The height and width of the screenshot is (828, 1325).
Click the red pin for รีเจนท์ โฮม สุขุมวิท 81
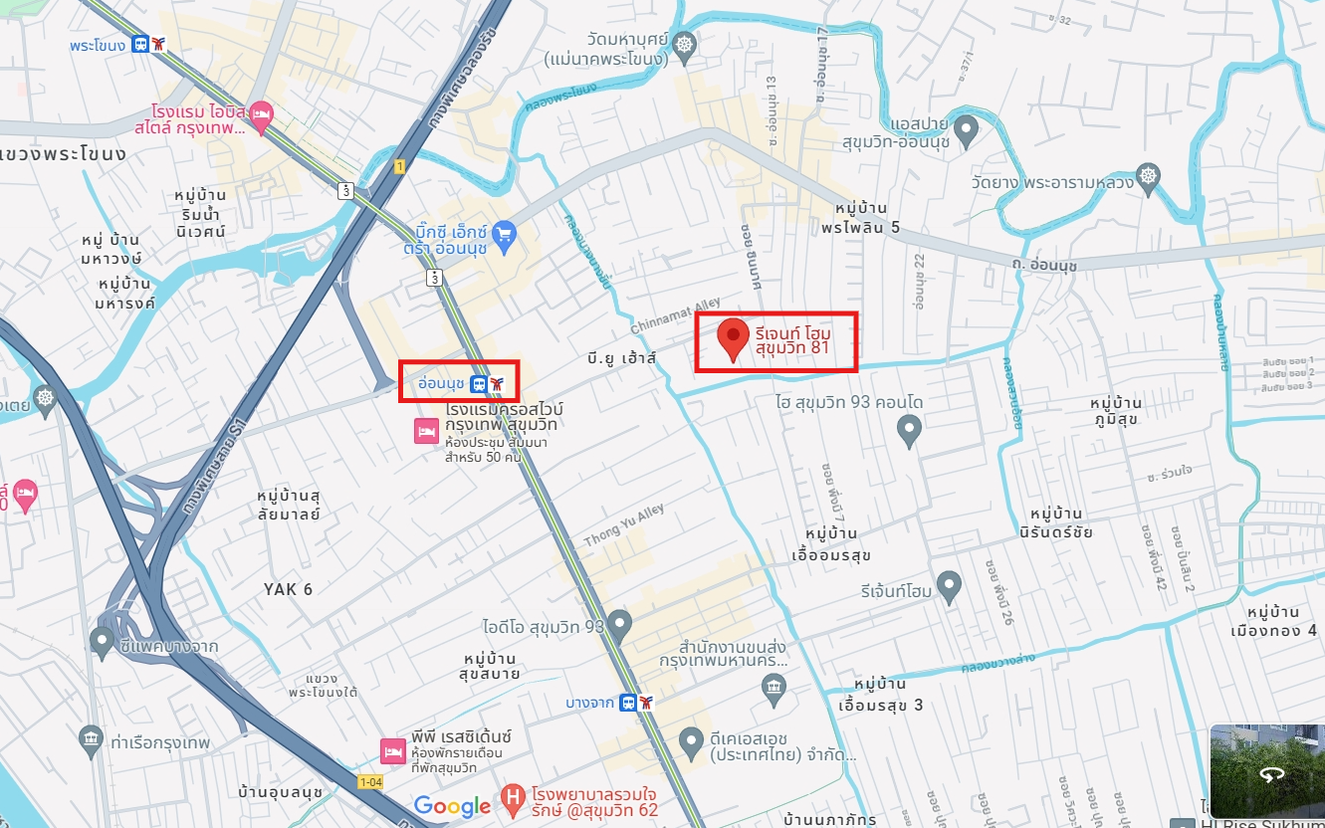(x=734, y=338)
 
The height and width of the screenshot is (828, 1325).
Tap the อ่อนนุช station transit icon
(x=488, y=383)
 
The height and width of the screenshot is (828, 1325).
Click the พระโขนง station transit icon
(x=149, y=44)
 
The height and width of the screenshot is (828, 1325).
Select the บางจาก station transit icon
(x=637, y=703)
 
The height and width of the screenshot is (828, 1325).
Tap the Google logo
(x=452, y=805)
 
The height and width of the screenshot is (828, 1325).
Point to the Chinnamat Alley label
(x=675, y=316)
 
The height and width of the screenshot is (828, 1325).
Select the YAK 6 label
(x=288, y=589)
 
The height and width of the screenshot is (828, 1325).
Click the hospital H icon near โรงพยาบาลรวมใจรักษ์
(x=512, y=796)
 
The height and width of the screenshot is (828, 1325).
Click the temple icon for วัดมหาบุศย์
(x=684, y=44)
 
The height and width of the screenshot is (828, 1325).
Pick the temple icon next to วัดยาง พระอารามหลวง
(x=1149, y=176)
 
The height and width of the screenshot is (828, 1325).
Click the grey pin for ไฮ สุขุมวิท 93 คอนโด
(x=907, y=430)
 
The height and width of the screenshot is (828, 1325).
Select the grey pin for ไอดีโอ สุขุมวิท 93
(x=620, y=625)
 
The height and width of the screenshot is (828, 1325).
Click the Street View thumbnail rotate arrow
(x=1269, y=772)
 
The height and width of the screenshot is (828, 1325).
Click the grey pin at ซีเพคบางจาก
(x=102, y=641)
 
